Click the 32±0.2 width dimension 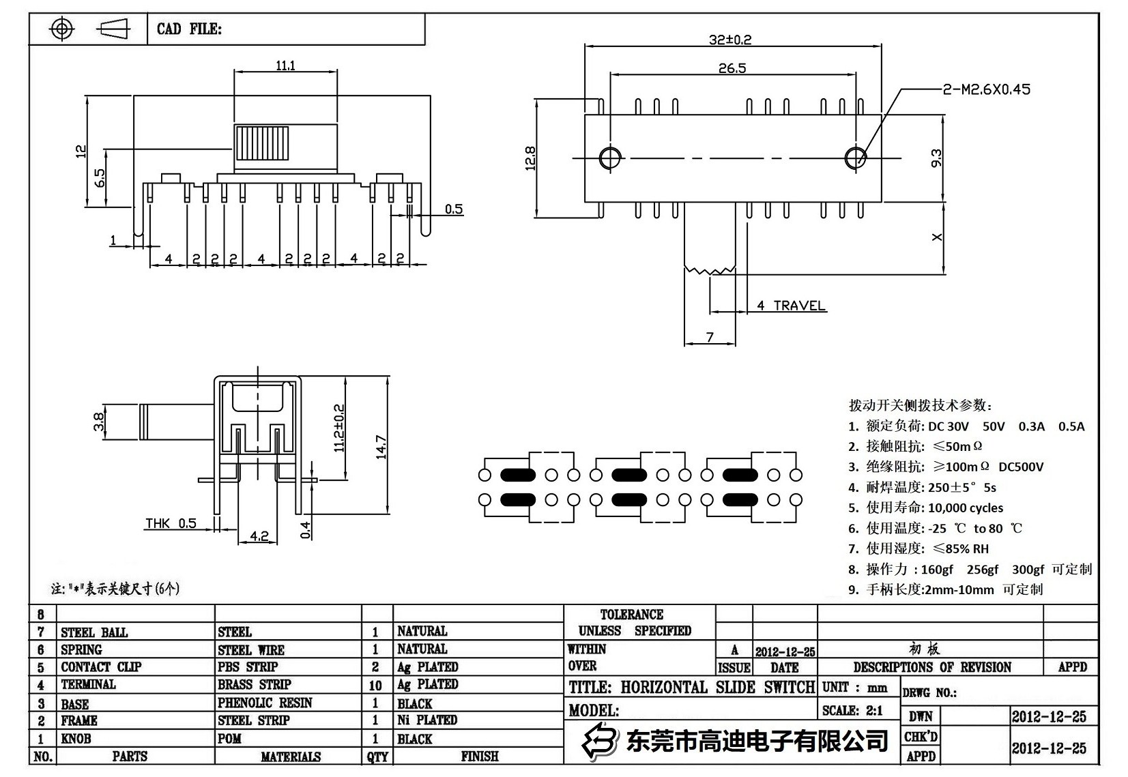(729, 40)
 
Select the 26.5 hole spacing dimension (732, 68)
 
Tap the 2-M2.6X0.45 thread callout (986, 89)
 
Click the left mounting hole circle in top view (610, 158)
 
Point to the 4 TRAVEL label (791, 306)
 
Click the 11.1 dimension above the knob (285, 65)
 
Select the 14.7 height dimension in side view (381, 447)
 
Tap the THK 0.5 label (171, 523)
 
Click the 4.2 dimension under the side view (259, 536)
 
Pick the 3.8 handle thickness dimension (100, 422)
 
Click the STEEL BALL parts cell (94, 632)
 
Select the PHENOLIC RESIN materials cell (265, 703)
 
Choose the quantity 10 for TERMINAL (375, 685)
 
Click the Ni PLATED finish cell (427, 720)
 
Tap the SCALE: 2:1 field (852, 710)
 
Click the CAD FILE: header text (189, 29)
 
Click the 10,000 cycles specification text (966, 508)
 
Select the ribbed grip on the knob (262, 143)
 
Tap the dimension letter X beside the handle (936, 237)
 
